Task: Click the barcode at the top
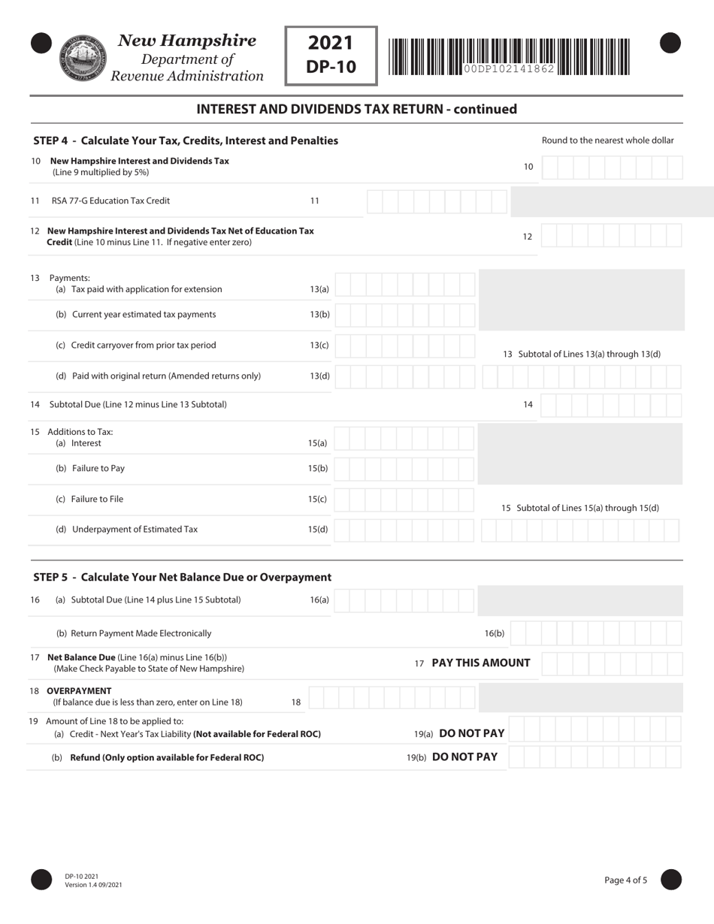point(509,56)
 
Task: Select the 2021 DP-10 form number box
point(330,56)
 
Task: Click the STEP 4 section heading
point(186,140)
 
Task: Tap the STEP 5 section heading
point(183,577)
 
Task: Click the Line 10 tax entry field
point(611,167)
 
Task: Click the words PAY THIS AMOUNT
point(480,663)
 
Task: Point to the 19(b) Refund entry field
point(594,757)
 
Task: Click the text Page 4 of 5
point(625,880)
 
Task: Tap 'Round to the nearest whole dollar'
point(607,140)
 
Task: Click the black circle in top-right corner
point(670,44)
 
